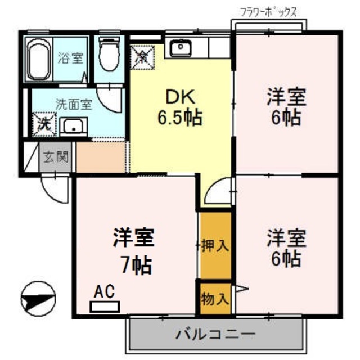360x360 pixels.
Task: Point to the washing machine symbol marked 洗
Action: click(43, 124)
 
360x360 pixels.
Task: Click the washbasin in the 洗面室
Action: click(72, 127)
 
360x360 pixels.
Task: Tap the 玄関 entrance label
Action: click(56, 156)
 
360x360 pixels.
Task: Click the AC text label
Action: click(104, 291)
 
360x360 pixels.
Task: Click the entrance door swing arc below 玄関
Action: click(56, 188)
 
